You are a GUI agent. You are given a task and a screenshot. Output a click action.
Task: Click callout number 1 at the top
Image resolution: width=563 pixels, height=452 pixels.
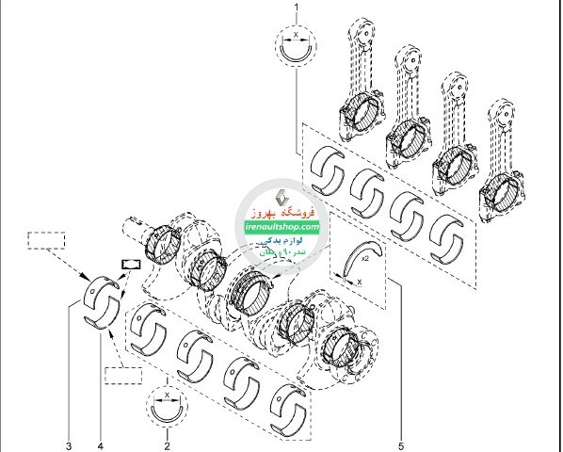point(298,8)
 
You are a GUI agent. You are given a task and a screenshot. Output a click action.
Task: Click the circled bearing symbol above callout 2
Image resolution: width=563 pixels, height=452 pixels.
point(168,408)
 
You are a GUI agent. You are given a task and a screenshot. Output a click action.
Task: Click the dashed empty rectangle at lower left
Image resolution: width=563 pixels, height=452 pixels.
point(122,376)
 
